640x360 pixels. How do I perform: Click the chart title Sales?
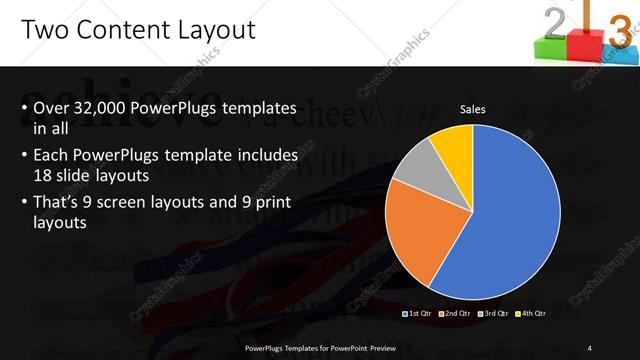[473, 109]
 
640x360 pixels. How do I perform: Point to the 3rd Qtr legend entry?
[494, 314]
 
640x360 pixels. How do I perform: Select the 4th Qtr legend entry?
[532, 314]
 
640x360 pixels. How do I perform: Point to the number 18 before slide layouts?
[43, 174]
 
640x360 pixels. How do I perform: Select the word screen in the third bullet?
[140, 204]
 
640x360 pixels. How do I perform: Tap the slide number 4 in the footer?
[590, 347]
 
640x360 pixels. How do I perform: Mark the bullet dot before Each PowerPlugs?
[23, 157]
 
